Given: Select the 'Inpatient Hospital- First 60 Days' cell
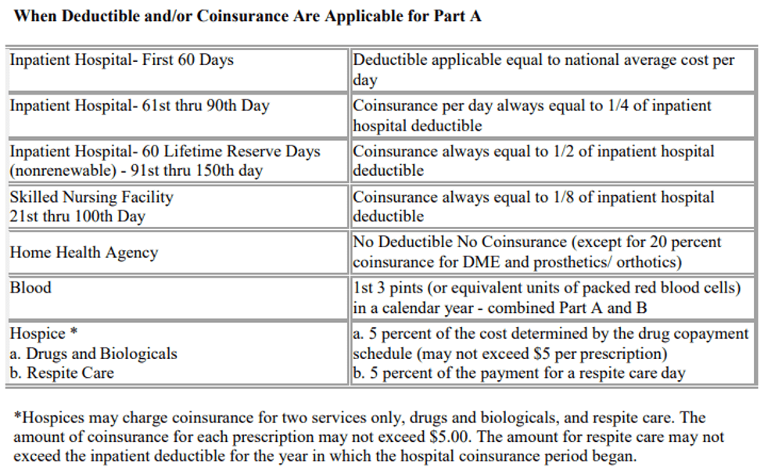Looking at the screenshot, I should click(x=122, y=60).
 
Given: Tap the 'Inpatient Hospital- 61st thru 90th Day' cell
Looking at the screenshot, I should click(x=139, y=106).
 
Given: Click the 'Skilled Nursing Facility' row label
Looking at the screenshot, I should click(x=91, y=197).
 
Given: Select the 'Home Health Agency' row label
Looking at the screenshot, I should click(x=84, y=253).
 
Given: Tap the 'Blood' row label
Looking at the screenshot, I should click(x=30, y=288).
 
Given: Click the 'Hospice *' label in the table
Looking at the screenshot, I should click(x=44, y=333).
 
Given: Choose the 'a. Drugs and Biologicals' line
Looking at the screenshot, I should click(x=94, y=354).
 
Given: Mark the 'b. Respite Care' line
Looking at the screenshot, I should click(x=62, y=373).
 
